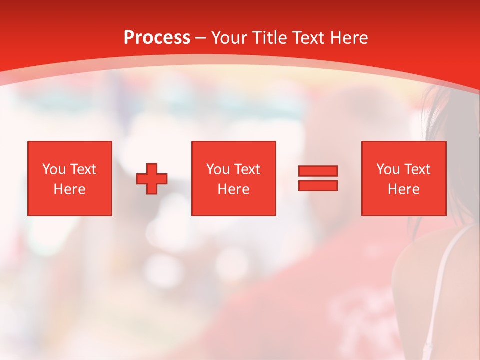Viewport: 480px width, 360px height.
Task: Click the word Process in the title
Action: point(157,38)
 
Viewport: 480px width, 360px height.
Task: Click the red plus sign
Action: point(152,178)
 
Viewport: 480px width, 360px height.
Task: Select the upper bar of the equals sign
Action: point(318,171)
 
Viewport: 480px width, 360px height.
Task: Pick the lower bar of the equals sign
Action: point(318,185)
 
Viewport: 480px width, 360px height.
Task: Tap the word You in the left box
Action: point(54,169)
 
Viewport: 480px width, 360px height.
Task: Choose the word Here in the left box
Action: point(69,189)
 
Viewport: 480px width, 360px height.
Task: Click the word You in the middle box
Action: point(218,169)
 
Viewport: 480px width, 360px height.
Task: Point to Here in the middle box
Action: point(233,189)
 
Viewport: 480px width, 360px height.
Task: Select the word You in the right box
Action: point(388,169)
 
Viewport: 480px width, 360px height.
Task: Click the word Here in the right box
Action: point(403,189)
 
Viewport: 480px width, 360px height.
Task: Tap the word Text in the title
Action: point(306,38)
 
